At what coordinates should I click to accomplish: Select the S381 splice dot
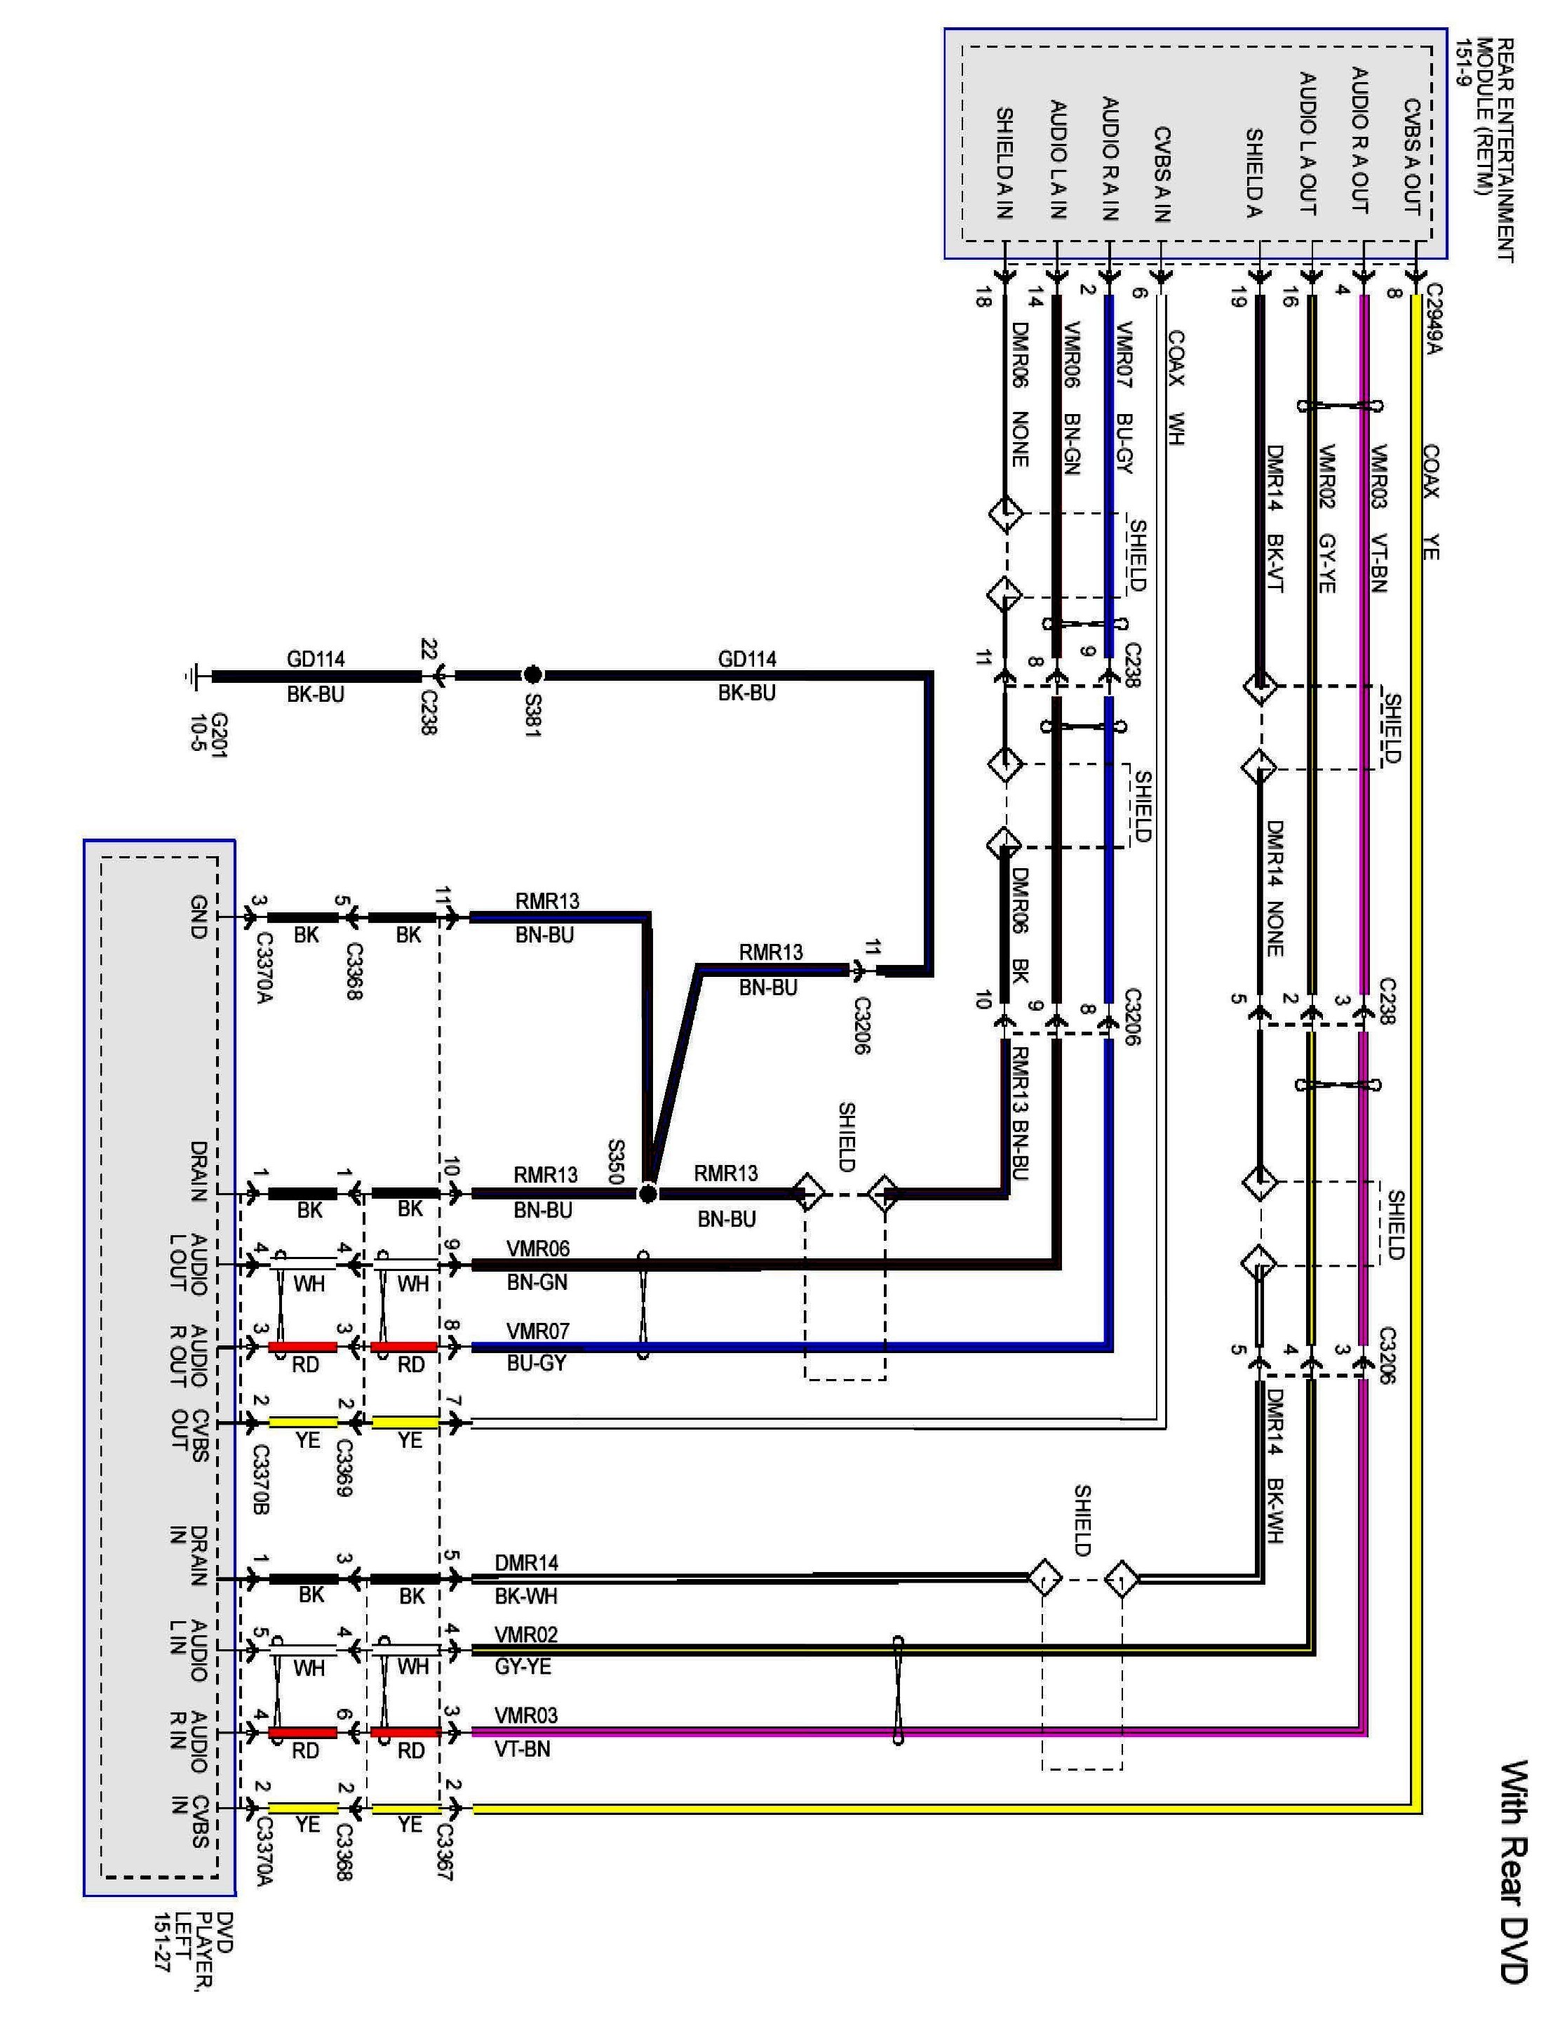532,674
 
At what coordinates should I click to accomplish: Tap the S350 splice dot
648,1194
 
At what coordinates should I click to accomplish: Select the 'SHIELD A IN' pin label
1004,164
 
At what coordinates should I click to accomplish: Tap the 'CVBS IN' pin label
189,1821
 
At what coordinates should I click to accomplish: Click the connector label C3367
444,1851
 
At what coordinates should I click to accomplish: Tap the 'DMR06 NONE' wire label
1019,394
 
